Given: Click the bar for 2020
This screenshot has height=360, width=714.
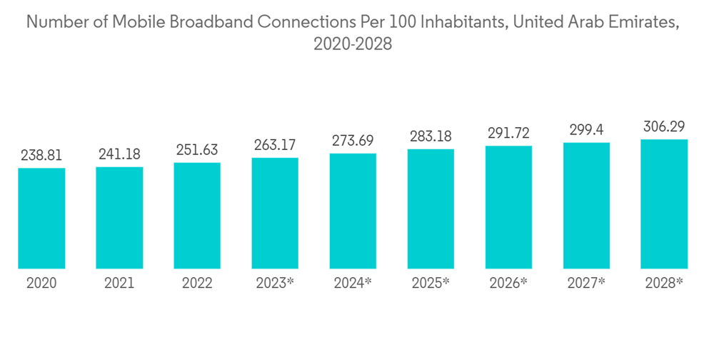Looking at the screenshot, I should pyautogui.click(x=41, y=218).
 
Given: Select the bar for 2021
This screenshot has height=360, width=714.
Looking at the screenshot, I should pyautogui.click(x=119, y=217).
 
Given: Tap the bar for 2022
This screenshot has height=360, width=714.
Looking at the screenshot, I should pyautogui.click(x=197, y=215).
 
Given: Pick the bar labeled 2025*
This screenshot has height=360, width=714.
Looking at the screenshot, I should pyautogui.click(x=431, y=209).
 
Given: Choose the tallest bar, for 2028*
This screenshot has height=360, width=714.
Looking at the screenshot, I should pyautogui.click(x=664, y=204).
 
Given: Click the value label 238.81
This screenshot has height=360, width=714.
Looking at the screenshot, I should pyautogui.click(x=41, y=156).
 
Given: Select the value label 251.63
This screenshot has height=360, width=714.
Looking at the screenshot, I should pyautogui.click(x=197, y=151).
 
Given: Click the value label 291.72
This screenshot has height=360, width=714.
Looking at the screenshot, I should pyautogui.click(x=508, y=134).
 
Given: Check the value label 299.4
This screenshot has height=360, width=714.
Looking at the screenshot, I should pyautogui.click(x=586, y=130).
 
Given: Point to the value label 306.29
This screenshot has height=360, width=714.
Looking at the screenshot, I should pyautogui.click(x=664, y=127).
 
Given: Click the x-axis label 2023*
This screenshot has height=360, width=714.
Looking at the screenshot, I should pyautogui.click(x=275, y=284).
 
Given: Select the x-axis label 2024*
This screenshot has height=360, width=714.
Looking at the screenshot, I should pyautogui.click(x=353, y=284).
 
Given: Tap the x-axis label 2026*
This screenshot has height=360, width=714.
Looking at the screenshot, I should pyautogui.click(x=508, y=284).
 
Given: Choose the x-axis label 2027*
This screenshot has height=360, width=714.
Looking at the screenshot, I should pyautogui.click(x=586, y=284).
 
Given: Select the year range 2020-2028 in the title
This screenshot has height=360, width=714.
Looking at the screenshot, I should pyautogui.click(x=353, y=44).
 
